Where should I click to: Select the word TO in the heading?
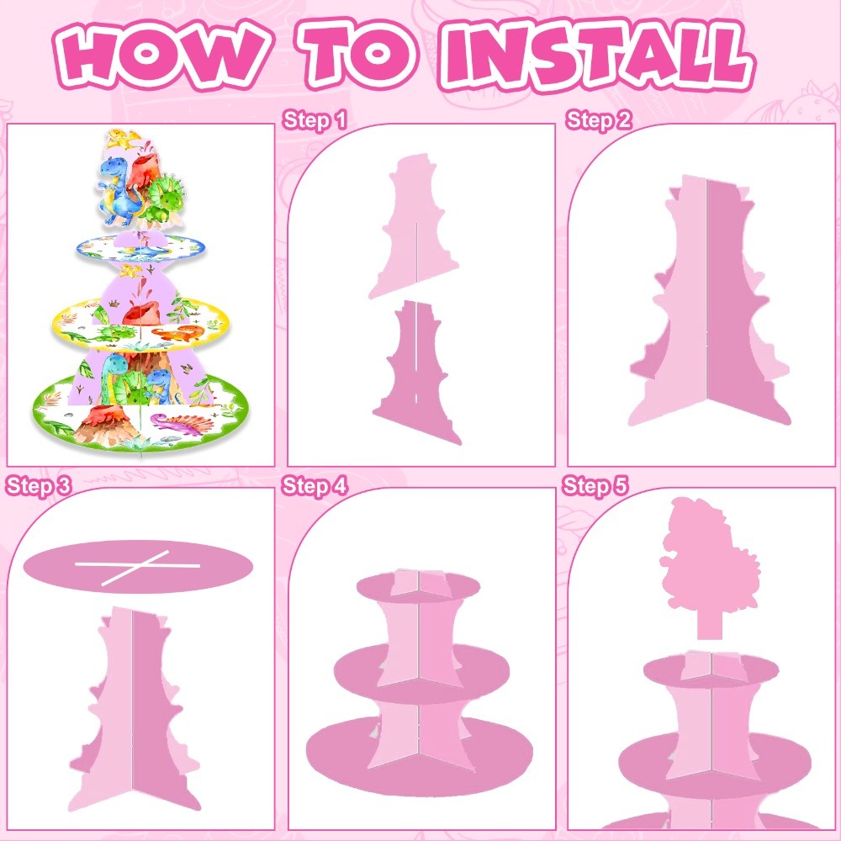point(357,54)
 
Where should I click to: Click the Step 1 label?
point(315,120)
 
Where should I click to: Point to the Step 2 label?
point(599,120)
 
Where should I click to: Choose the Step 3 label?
point(38,486)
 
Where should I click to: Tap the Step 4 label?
point(315,486)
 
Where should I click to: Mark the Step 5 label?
point(595,486)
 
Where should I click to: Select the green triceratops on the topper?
point(164,198)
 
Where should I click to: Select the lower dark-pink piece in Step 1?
point(416,371)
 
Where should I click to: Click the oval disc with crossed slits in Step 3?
point(138,566)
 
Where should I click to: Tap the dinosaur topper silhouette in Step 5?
point(708,563)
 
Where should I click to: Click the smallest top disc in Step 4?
point(418,587)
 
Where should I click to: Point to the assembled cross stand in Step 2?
point(708,300)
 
